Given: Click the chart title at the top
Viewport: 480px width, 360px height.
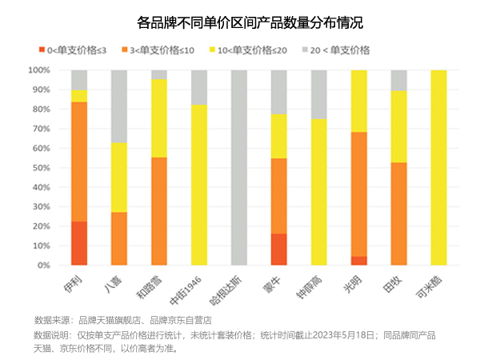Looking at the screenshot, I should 239,22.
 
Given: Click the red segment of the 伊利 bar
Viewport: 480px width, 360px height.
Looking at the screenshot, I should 79,243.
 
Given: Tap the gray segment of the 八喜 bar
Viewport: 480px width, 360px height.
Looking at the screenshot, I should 119,106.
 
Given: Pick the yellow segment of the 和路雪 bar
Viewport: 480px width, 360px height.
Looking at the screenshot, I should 159,118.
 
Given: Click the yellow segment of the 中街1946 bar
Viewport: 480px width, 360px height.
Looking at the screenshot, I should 199,184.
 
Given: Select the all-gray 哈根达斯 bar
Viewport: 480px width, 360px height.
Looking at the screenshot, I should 239,167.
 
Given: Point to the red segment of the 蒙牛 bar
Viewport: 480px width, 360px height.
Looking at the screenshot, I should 279,249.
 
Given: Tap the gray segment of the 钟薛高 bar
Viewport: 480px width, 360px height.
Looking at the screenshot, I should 319,94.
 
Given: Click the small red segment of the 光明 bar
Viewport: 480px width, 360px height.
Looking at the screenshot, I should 359,260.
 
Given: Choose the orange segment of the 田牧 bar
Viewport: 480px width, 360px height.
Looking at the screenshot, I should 399,214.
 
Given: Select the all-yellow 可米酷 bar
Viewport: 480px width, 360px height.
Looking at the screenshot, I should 439,167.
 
